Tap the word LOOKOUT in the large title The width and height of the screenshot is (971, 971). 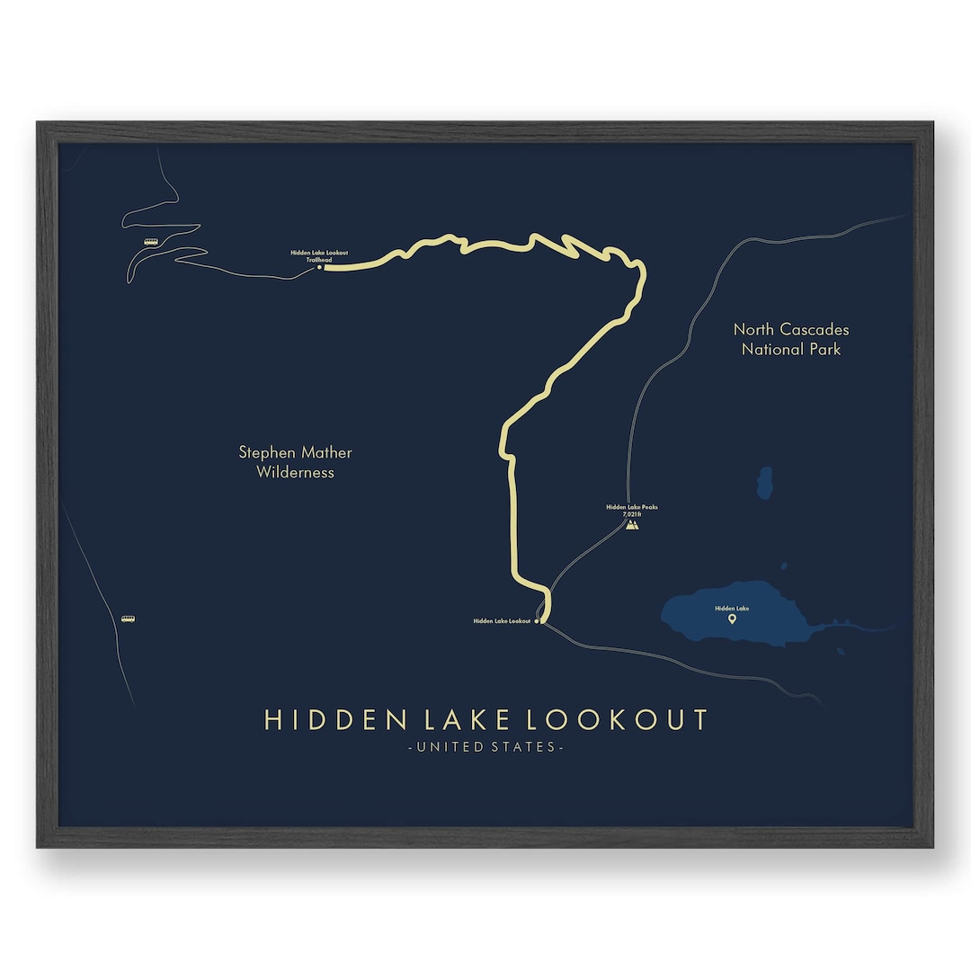(x=617, y=720)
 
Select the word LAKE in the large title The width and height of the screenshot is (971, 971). (x=463, y=720)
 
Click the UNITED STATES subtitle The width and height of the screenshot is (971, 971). (x=485, y=747)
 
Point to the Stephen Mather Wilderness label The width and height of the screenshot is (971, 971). (x=295, y=462)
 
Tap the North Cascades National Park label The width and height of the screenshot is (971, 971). (x=791, y=339)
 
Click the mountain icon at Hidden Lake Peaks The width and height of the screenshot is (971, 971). (x=632, y=524)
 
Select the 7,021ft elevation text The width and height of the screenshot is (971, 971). (x=632, y=513)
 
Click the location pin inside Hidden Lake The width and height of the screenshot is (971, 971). (x=732, y=619)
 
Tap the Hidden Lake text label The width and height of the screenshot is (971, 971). (x=732, y=609)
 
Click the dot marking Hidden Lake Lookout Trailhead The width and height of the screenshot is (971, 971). (x=319, y=267)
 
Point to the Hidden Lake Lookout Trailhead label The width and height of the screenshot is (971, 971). (x=319, y=256)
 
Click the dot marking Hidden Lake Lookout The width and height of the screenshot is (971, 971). (x=538, y=621)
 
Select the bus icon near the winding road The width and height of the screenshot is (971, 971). (x=151, y=241)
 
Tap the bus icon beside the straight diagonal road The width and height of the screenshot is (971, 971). (x=128, y=619)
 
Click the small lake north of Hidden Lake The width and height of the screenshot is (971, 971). (x=764, y=483)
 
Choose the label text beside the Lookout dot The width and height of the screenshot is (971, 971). (x=502, y=621)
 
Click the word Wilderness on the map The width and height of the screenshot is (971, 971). (x=295, y=473)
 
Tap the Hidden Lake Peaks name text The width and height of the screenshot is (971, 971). (x=632, y=507)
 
